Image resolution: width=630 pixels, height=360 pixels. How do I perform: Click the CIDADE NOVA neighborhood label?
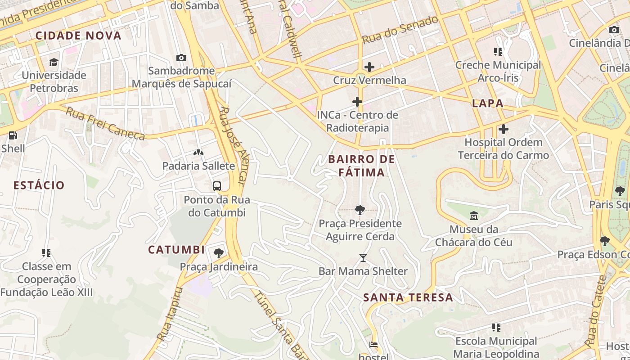[x=78, y=36]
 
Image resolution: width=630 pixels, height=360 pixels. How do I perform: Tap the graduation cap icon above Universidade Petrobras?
[x=54, y=62]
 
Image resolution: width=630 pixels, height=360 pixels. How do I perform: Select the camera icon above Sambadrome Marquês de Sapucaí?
[x=181, y=58]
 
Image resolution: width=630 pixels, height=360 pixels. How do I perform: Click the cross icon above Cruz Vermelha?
[x=369, y=67]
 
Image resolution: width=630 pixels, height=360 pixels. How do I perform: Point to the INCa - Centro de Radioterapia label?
[x=357, y=121]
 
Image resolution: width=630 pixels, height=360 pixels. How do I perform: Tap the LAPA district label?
[x=488, y=103]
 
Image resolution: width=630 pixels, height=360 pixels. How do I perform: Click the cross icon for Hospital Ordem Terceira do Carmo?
[x=503, y=130]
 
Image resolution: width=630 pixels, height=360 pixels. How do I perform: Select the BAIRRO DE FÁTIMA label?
[x=361, y=166]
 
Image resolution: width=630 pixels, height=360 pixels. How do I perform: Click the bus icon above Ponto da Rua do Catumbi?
[x=216, y=186]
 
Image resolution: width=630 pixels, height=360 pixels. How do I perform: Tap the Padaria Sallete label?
[x=198, y=166]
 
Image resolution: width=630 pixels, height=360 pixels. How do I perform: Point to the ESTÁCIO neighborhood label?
[x=39, y=185]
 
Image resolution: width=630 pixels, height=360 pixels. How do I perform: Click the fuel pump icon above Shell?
[x=13, y=135]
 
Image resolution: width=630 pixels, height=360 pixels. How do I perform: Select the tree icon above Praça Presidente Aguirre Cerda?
[x=360, y=210]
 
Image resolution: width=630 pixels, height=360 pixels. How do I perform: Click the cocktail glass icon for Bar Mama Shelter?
[x=363, y=258]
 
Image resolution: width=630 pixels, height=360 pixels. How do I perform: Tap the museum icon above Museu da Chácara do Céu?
[x=473, y=216]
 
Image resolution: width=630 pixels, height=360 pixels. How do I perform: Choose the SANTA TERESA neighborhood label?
[x=408, y=297]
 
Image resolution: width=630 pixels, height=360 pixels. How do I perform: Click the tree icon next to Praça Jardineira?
[x=219, y=253]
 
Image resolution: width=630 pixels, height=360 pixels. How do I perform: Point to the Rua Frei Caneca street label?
[x=105, y=123]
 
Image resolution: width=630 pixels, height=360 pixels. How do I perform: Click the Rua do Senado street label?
[x=400, y=30]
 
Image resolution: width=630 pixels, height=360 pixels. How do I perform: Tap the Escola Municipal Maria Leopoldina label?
[x=496, y=347]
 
